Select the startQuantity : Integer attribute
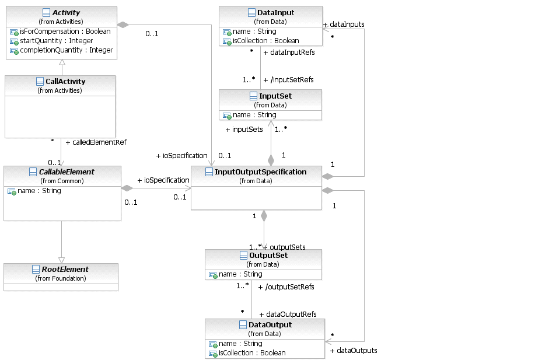click(57, 41)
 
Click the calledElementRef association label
click(96, 142)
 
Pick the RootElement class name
click(65, 270)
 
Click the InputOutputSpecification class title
click(260, 172)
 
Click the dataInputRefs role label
click(290, 53)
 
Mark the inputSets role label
click(244, 130)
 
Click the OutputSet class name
click(268, 256)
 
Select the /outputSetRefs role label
click(286, 287)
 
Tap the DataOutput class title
click(270, 325)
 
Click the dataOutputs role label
click(354, 351)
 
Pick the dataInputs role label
click(344, 25)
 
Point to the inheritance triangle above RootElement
click(61, 260)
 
